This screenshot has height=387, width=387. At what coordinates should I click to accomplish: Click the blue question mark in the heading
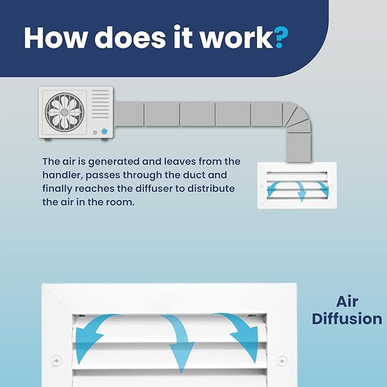point(282,37)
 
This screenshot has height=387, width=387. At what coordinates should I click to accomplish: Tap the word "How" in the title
point(55,38)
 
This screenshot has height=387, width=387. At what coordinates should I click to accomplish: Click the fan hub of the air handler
point(64,112)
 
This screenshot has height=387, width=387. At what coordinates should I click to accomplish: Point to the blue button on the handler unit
point(104,132)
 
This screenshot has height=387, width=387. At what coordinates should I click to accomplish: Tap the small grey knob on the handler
point(95,133)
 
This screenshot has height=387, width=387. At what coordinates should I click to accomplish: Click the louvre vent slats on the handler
point(100,104)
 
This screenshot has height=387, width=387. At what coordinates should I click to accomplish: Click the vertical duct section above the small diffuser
point(299,148)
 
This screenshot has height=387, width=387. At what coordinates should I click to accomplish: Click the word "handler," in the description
point(62,175)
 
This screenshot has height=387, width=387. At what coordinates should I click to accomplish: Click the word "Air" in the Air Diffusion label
point(347,302)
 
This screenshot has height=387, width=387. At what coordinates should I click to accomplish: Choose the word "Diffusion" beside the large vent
point(347,319)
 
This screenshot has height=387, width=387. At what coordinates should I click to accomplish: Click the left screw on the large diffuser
point(56,361)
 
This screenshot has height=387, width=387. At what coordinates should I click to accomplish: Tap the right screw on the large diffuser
point(282,361)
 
